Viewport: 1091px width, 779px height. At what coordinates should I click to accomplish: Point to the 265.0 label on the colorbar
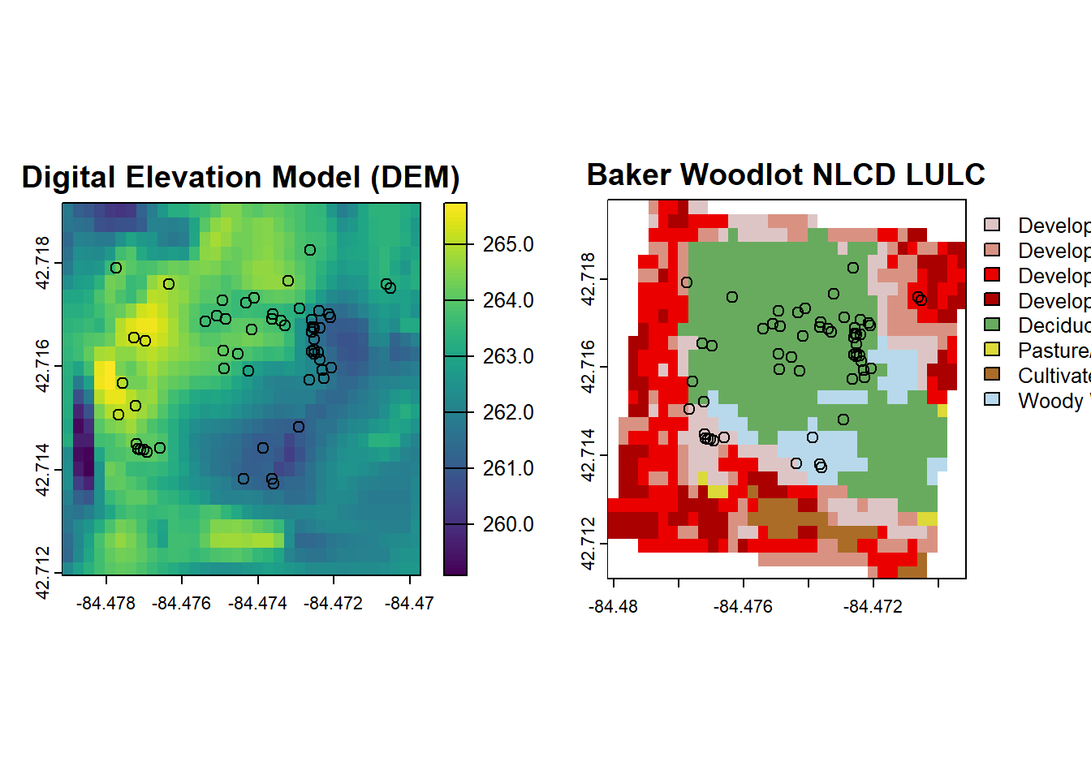(508, 244)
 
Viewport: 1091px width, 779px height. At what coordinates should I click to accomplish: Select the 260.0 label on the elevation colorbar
(508, 524)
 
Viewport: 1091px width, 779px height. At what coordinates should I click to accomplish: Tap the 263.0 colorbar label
(508, 356)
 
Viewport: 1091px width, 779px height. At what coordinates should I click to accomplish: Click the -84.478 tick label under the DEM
(106, 603)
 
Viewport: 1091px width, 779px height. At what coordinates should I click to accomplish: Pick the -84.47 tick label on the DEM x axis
(410, 603)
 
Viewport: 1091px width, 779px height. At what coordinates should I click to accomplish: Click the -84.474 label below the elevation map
(258, 603)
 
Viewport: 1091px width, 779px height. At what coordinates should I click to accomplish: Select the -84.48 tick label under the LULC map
(613, 606)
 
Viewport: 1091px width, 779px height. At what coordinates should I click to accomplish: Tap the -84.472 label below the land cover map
(873, 606)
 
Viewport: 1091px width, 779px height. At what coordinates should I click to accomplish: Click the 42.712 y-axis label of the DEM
(43, 572)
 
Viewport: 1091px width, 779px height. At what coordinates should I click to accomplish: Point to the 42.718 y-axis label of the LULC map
(589, 279)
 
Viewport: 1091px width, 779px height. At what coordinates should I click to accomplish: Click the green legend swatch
(992, 325)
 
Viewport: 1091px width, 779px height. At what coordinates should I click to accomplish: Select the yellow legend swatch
(992, 350)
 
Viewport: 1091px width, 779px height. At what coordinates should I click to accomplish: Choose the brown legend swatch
(992, 374)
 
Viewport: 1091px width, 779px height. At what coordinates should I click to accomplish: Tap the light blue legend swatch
(992, 399)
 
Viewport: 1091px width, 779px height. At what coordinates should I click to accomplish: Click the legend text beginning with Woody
(1050, 401)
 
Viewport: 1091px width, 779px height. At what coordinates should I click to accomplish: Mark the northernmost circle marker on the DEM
(310, 250)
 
